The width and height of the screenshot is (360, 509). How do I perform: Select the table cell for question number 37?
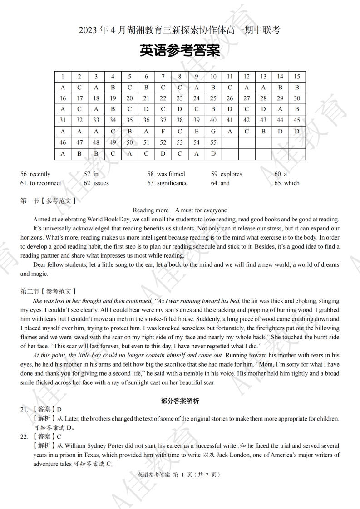163,120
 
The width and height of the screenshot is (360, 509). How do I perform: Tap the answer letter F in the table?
163,132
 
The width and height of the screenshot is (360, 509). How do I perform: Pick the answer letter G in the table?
213,132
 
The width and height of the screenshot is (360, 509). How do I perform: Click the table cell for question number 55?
213,142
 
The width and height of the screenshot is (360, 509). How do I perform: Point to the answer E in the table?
197,132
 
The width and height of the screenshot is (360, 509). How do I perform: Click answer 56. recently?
36,174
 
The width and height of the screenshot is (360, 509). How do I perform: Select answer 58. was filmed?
166,174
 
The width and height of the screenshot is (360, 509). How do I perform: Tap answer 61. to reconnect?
41,183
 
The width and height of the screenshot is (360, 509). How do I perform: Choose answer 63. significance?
167,183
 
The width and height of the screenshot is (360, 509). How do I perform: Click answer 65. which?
287,183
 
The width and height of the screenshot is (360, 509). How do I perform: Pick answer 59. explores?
227,174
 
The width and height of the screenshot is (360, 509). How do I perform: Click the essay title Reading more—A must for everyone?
180,210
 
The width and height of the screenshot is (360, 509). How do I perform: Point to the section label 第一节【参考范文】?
48,200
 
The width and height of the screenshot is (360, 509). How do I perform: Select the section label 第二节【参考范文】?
48,291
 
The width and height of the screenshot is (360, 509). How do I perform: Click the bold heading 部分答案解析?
180,401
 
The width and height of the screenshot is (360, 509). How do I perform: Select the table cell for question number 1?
63,77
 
